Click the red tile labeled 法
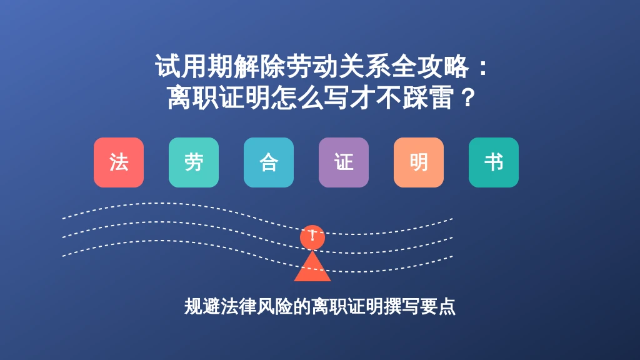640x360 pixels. (119, 162)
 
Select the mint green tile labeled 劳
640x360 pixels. (194, 162)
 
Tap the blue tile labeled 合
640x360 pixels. (269, 162)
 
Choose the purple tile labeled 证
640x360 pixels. (344, 162)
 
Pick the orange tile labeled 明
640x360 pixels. (419, 162)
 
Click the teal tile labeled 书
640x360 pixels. (494, 162)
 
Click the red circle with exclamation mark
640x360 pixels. (312, 237)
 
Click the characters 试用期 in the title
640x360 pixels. (194, 66)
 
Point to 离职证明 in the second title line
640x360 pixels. (219, 97)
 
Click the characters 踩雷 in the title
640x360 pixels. (428, 97)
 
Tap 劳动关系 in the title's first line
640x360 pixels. (338, 66)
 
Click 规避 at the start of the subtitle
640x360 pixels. (202, 306)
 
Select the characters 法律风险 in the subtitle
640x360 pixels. (256, 306)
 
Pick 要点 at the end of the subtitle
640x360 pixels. (437, 306)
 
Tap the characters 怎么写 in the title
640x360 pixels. (311, 97)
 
